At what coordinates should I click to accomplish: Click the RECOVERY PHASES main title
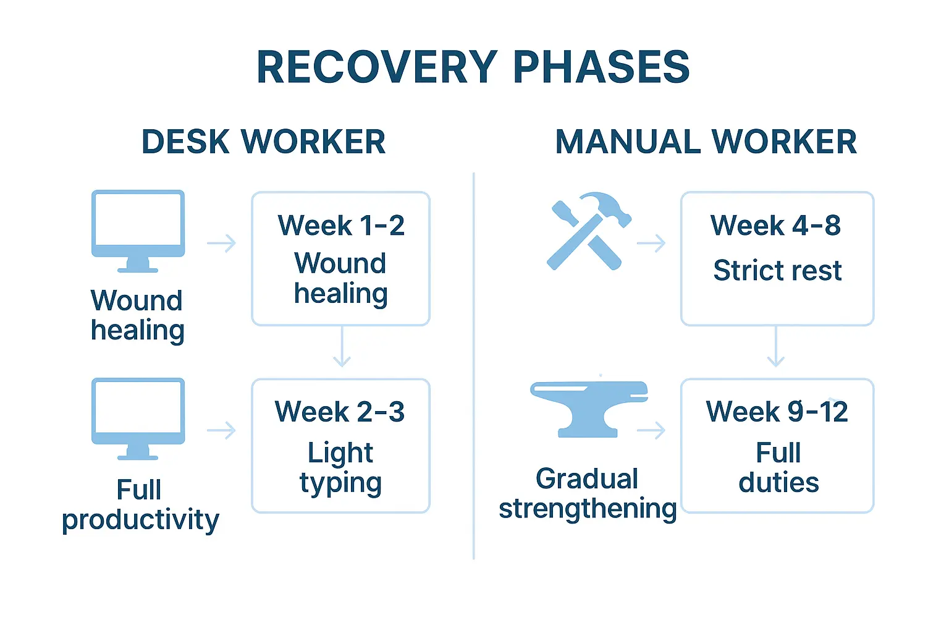pyautogui.click(x=473, y=67)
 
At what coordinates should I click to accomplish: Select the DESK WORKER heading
pyautogui.click(x=264, y=142)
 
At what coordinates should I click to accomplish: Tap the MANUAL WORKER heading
pyautogui.click(x=706, y=142)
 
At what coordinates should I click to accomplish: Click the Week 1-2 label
pyautogui.click(x=341, y=225)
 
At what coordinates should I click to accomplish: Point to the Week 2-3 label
pyautogui.click(x=340, y=412)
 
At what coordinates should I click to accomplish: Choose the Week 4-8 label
pyautogui.click(x=776, y=225)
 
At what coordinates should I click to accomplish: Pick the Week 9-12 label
pyautogui.click(x=777, y=412)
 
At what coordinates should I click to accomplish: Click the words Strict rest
pyautogui.click(x=777, y=271)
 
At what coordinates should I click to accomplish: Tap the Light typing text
pyautogui.click(x=340, y=468)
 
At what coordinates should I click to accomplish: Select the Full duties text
pyautogui.click(x=778, y=468)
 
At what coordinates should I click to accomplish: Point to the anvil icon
pyautogui.click(x=589, y=408)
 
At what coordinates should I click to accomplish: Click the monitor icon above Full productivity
pyautogui.click(x=138, y=418)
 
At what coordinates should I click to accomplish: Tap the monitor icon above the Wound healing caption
pyautogui.click(x=138, y=230)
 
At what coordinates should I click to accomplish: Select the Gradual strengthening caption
pyautogui.click(x=588, y=494)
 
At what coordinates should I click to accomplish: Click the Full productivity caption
pyautogui.click(x=140, y=504)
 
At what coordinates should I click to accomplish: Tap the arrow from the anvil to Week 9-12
pyautogui.click(x=651, y=430)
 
